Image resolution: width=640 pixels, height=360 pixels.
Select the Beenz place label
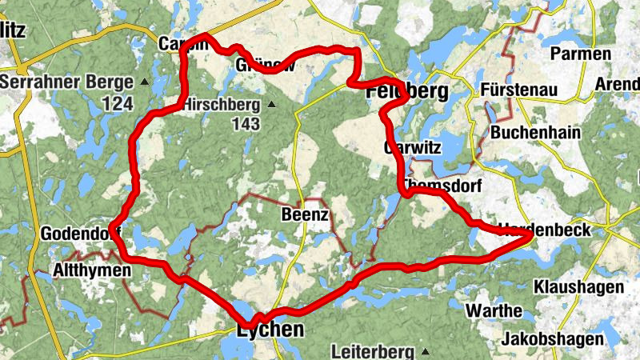pyautogui.click(x=306, y=215)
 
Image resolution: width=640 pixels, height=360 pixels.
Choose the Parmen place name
pyautogui.click(x=580, y=54)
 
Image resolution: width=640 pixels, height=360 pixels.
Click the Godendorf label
pyautogui.click(x=81, y=234)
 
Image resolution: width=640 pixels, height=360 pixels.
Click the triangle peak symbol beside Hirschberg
pyautogui.click(x=272, y=104)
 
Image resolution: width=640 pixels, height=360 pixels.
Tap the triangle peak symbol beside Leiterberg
pyautogui.click(x=426, y=352)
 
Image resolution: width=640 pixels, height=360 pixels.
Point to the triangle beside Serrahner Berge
pyautogui.click(x=145, y=82)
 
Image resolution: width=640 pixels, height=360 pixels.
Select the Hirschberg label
pyautogui.click(x=222, y=105)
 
